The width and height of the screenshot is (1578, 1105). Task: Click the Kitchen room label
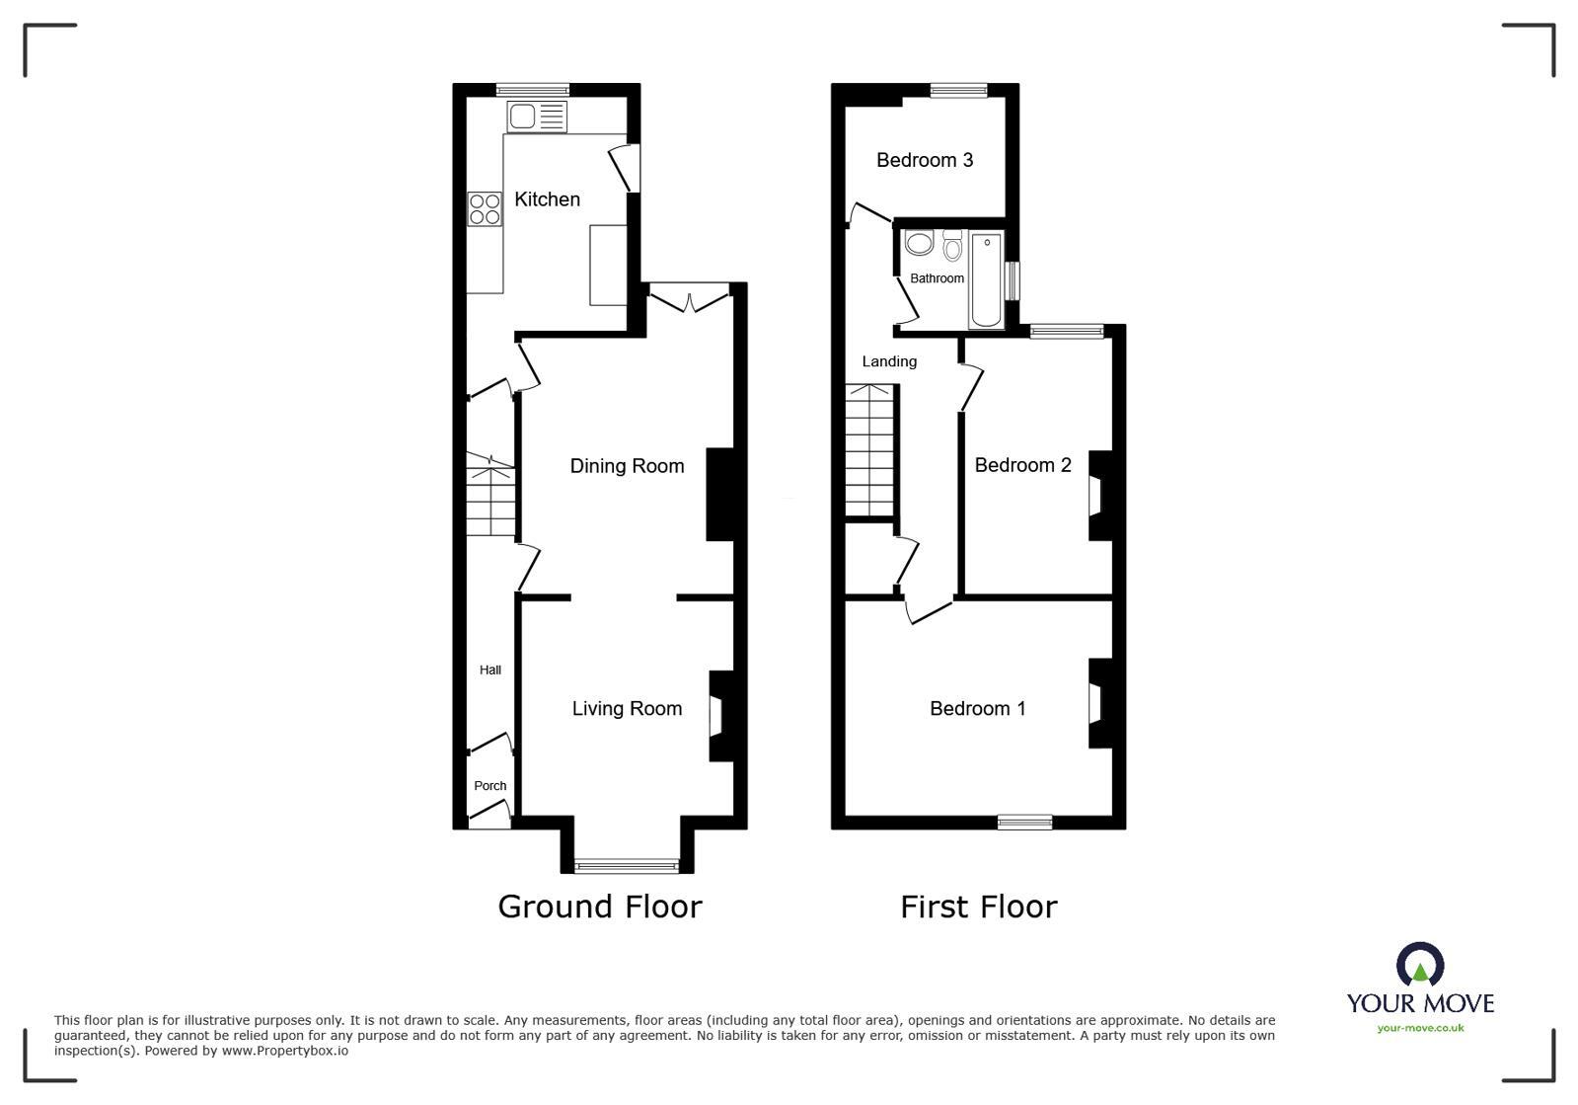click(547, 199)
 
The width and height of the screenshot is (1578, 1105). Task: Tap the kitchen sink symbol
click(537, 117)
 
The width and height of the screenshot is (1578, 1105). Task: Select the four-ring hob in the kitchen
click(485, 208)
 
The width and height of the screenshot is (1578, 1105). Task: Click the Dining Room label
click(627, 466)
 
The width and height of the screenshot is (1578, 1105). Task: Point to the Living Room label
click(627, 708)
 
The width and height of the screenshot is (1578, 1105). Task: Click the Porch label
click(489, 786)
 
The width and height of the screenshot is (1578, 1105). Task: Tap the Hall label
click(490, 670)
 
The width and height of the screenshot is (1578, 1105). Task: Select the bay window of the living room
click(628, 866)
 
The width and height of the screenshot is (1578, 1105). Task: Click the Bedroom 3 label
click(925, 160)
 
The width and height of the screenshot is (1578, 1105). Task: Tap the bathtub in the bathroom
click(986, 279)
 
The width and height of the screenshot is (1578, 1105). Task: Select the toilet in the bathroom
click(952, 244)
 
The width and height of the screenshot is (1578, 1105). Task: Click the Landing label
click(889, 361)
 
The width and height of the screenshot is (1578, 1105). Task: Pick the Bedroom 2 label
click(1022, 465)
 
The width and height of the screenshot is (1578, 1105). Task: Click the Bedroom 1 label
click(977, 708)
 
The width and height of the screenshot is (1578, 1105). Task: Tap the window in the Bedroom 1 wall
click(1024, 821)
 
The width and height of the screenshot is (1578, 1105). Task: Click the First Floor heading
click(978, 907)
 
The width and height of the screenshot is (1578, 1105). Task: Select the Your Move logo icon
click(1420, 965)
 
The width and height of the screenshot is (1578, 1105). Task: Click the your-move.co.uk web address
click(1420, 1028)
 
